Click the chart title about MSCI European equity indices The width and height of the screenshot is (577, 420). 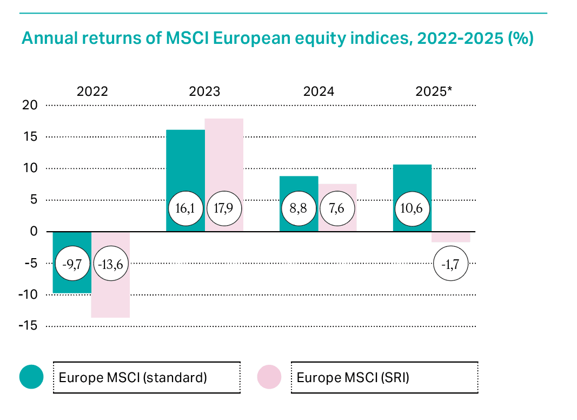(x=277, y=39)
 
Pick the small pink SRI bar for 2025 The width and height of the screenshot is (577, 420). (x=451, y=237)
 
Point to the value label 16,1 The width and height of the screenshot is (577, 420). (x=185, y=208)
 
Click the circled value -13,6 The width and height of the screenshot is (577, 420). (x=111, y=264)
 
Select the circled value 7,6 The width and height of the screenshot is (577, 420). (x=337, y=208)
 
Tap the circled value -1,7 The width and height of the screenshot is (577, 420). (x=451, y=264)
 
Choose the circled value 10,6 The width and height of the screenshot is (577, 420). (x=412, y=208)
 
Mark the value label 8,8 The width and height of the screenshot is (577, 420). (x=299, y=208)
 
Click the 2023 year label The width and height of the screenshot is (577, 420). (x=204, y=91)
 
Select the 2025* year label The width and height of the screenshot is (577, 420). (x=434, y=91)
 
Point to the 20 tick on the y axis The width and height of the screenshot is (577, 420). (x=30, y=105)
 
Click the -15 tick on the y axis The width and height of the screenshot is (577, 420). (x=28, y=326)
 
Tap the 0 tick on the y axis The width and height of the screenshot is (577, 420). (x=34, y=232)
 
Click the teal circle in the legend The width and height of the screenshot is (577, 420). (x=31, y=377)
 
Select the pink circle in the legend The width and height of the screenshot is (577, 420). (x=269, y=377)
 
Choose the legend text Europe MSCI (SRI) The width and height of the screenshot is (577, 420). (x=353, y=377)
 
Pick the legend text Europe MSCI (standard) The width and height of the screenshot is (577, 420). (x=133, y=377)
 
